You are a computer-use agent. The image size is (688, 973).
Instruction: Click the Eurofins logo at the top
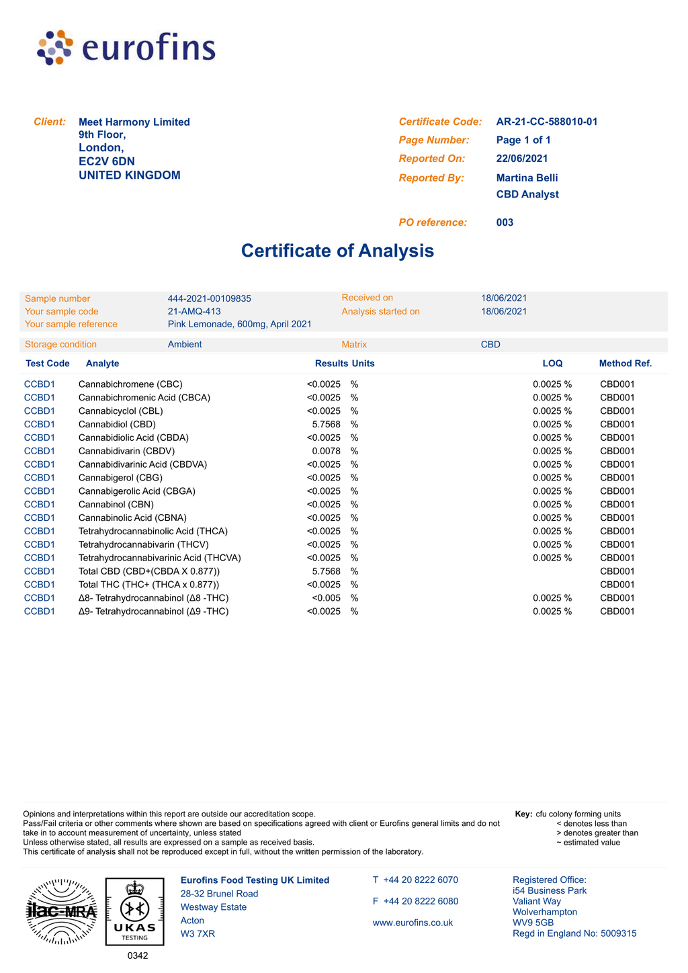(x=126, y=48)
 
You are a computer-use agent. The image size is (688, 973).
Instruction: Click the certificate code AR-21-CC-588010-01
(x=546, y=122)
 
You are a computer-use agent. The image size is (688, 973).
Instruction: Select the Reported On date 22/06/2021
(x=521, y=159)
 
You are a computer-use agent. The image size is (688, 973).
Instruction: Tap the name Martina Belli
(x=527, y=177)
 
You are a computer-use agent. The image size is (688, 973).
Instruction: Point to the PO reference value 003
(x=505, y=222)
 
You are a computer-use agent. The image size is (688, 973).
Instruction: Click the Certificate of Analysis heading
(x=337, y=251)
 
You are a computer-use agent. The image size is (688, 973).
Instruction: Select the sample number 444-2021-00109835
(x=209, y=298)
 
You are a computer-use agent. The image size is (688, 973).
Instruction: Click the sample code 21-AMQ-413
(x=194, y=311)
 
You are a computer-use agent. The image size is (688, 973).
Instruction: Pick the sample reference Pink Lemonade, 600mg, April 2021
(x=239, y=324)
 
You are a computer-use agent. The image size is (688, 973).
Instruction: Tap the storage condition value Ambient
(x=185, y=344)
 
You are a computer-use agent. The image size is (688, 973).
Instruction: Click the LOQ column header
(x=552, y=364)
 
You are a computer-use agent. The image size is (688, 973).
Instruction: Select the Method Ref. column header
(x=625, y=364)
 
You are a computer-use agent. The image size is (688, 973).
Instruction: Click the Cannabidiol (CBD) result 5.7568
(x=327, y=424)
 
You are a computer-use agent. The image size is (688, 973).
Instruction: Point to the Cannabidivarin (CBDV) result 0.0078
(x=327, y=451)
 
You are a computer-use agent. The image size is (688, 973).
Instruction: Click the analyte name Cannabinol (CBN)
(x=116, y=504)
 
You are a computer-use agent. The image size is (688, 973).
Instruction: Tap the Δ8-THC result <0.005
(x=326, y=598)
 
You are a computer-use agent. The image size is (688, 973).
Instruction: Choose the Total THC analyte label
(x=148, y=585)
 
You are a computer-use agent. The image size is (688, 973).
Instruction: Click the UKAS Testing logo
(x=134, y=912)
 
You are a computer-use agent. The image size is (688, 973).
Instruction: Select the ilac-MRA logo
(x=61, y=912)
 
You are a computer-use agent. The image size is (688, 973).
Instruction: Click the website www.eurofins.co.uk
(x=413, y=923)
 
